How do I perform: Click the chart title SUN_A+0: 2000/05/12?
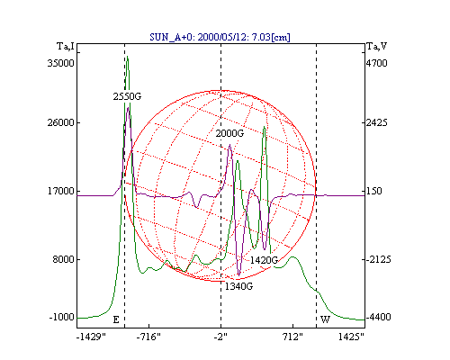[220, 37]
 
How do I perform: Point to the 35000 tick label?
[60, 63]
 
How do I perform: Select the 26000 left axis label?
[60, 122]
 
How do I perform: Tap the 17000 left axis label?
[61, 191]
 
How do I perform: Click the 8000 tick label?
[63, 259]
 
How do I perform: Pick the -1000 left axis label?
[61, 317]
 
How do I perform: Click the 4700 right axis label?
[377, 63]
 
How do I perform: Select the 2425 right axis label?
[377, 122]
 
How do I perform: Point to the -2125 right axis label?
[379, 259]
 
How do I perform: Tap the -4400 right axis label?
[379, 317]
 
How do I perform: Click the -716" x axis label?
[148, 337]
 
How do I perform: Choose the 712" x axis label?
[293, 337]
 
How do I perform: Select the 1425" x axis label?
[351, 337]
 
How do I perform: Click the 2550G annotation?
[127, 96]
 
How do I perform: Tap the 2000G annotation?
[229, 133]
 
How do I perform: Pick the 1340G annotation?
[238, 286]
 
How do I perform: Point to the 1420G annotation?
[264, 260]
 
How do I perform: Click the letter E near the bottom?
[116, 319]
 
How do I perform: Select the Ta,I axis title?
[66, 47]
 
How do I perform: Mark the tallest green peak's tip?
[128, 56]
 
